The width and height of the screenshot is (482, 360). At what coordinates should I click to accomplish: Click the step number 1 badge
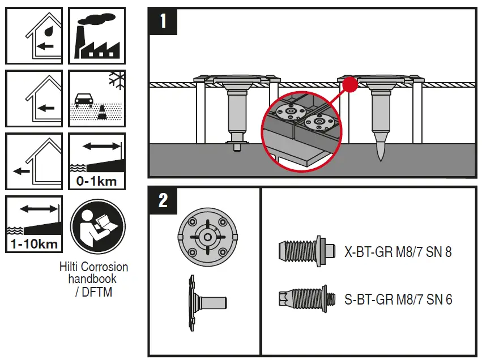coord(163,22)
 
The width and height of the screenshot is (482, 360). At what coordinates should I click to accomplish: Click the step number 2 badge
coord(163,200)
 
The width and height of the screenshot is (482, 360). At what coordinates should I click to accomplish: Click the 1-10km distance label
coord(34,245)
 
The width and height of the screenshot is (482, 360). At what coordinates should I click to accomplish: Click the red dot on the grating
coord(351,84)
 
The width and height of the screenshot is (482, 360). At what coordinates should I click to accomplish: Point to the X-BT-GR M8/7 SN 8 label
coord(398,252)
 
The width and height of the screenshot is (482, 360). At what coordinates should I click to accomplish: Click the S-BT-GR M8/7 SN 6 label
coord(398,299)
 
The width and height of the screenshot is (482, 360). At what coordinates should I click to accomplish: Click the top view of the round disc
coord(206,237)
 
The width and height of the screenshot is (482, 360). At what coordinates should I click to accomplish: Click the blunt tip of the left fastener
coord(237,148)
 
